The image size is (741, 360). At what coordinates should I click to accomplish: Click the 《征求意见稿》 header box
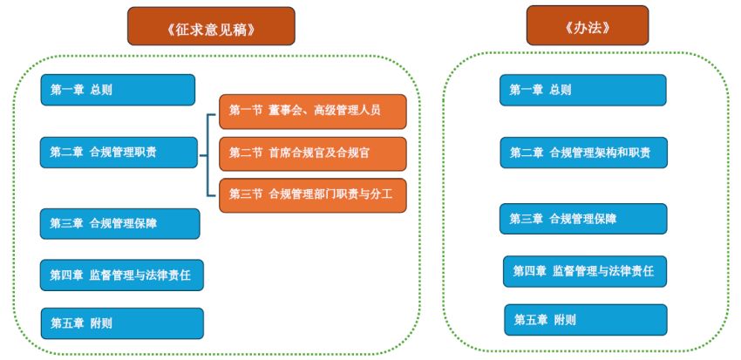click(x=210, y=27)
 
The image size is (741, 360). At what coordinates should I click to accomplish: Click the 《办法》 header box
click(x=587, y=26)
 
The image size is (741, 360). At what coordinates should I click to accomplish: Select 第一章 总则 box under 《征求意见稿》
click(x=117, y=90)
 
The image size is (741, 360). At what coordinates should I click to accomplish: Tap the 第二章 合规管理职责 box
click(x=119, y=152)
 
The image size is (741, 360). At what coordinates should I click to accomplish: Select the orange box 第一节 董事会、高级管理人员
click(x=312, y=111)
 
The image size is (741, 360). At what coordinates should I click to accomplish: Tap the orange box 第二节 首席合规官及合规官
click(x=312, y=153)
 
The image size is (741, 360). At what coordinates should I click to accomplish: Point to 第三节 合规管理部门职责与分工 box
click(x=312, y=194)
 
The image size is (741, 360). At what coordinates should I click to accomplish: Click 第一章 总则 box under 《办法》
click(x=582, y=90)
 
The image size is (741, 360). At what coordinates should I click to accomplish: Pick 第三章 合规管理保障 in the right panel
click(x=582, y=219)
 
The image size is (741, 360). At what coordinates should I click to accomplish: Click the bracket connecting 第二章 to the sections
click(x=207, y=153)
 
